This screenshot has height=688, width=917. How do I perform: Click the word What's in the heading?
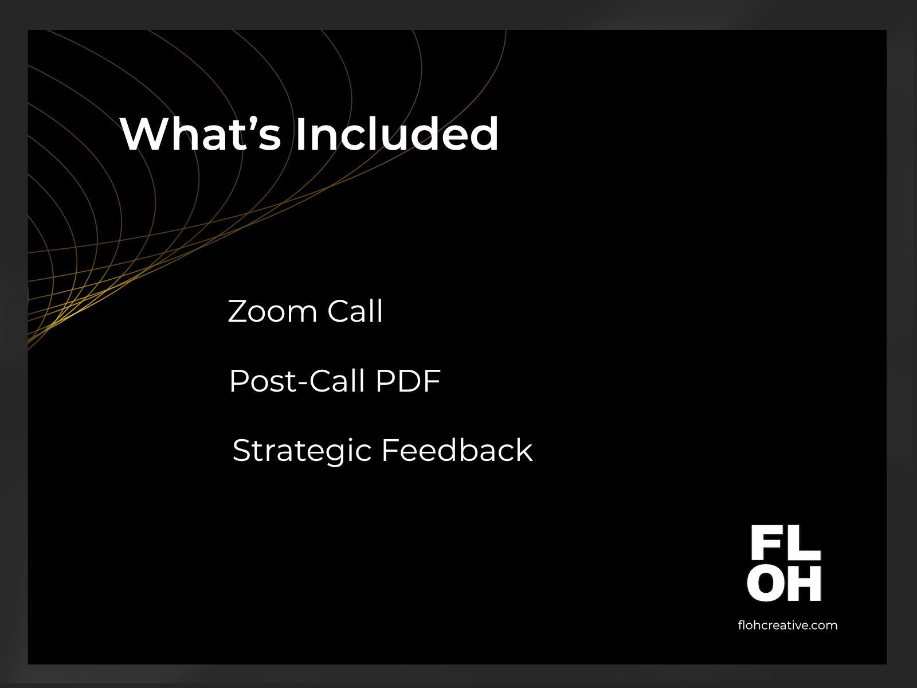click(x=201, y=133)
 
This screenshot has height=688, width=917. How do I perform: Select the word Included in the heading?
click(x=397, y=133)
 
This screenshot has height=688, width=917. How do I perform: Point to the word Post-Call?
click(x=297, y=381)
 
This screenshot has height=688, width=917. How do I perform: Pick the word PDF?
click(x=407, y=381)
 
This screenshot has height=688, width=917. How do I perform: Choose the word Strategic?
click(x=301, y=452)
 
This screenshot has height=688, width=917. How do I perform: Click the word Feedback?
click(x=457, y=450)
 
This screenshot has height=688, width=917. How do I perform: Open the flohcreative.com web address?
click(x=787, y=626)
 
